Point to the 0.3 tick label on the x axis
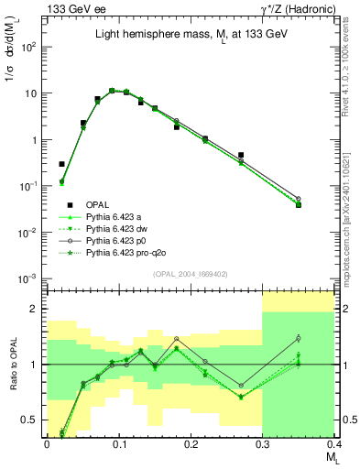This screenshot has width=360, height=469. click(x=262, y=442)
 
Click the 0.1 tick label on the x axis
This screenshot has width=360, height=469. click(x=118, y=442)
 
